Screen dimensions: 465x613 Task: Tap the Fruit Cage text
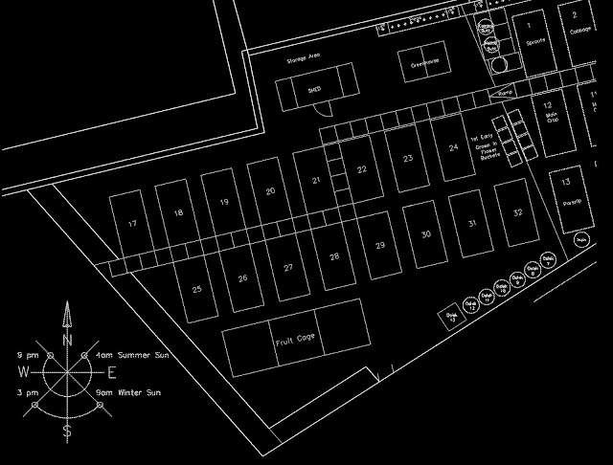(x=295, y=339)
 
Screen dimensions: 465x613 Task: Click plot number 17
(x=132, y=224)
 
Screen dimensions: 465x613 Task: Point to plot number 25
(x=196, y=288)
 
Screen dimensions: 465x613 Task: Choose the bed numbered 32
(x=517, y=212)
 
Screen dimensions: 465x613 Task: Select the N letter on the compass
(x=67, y=341)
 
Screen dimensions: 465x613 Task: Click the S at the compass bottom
(x=66, y=432)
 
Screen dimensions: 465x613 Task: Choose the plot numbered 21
(x=317, y=180)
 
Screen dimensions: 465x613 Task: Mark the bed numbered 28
(x=334, y=256)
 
